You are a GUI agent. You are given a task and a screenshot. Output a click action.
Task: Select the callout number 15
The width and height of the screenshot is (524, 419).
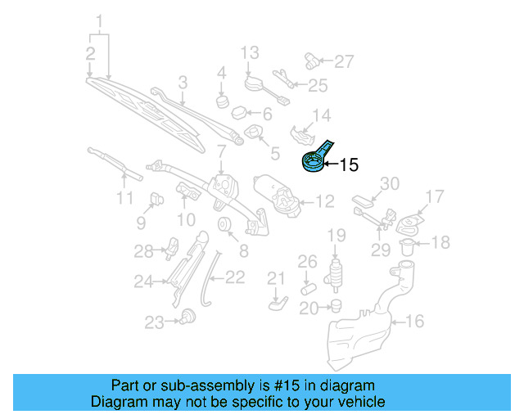349,165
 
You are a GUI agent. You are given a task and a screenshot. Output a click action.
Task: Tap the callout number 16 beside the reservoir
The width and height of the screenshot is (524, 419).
416,322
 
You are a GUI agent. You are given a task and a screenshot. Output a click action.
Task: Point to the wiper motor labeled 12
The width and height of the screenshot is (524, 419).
277,196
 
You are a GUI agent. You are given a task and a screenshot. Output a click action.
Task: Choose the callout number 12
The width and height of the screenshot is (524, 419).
326,200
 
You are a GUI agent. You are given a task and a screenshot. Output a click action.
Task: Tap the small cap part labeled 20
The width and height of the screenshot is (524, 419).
334,306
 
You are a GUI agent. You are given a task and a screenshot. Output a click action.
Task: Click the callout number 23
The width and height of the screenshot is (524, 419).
154,323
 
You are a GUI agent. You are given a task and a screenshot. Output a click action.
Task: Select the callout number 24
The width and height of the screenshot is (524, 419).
144,282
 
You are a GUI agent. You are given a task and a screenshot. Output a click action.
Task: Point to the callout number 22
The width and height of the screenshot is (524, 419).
235,277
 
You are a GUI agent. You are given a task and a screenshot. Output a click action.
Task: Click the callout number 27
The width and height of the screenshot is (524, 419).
345,61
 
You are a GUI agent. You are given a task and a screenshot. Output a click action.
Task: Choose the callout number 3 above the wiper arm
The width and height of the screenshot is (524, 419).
183,82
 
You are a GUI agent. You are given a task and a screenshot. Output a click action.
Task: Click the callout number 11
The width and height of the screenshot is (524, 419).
124,199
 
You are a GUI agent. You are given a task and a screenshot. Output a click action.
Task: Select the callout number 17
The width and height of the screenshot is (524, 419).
434,196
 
